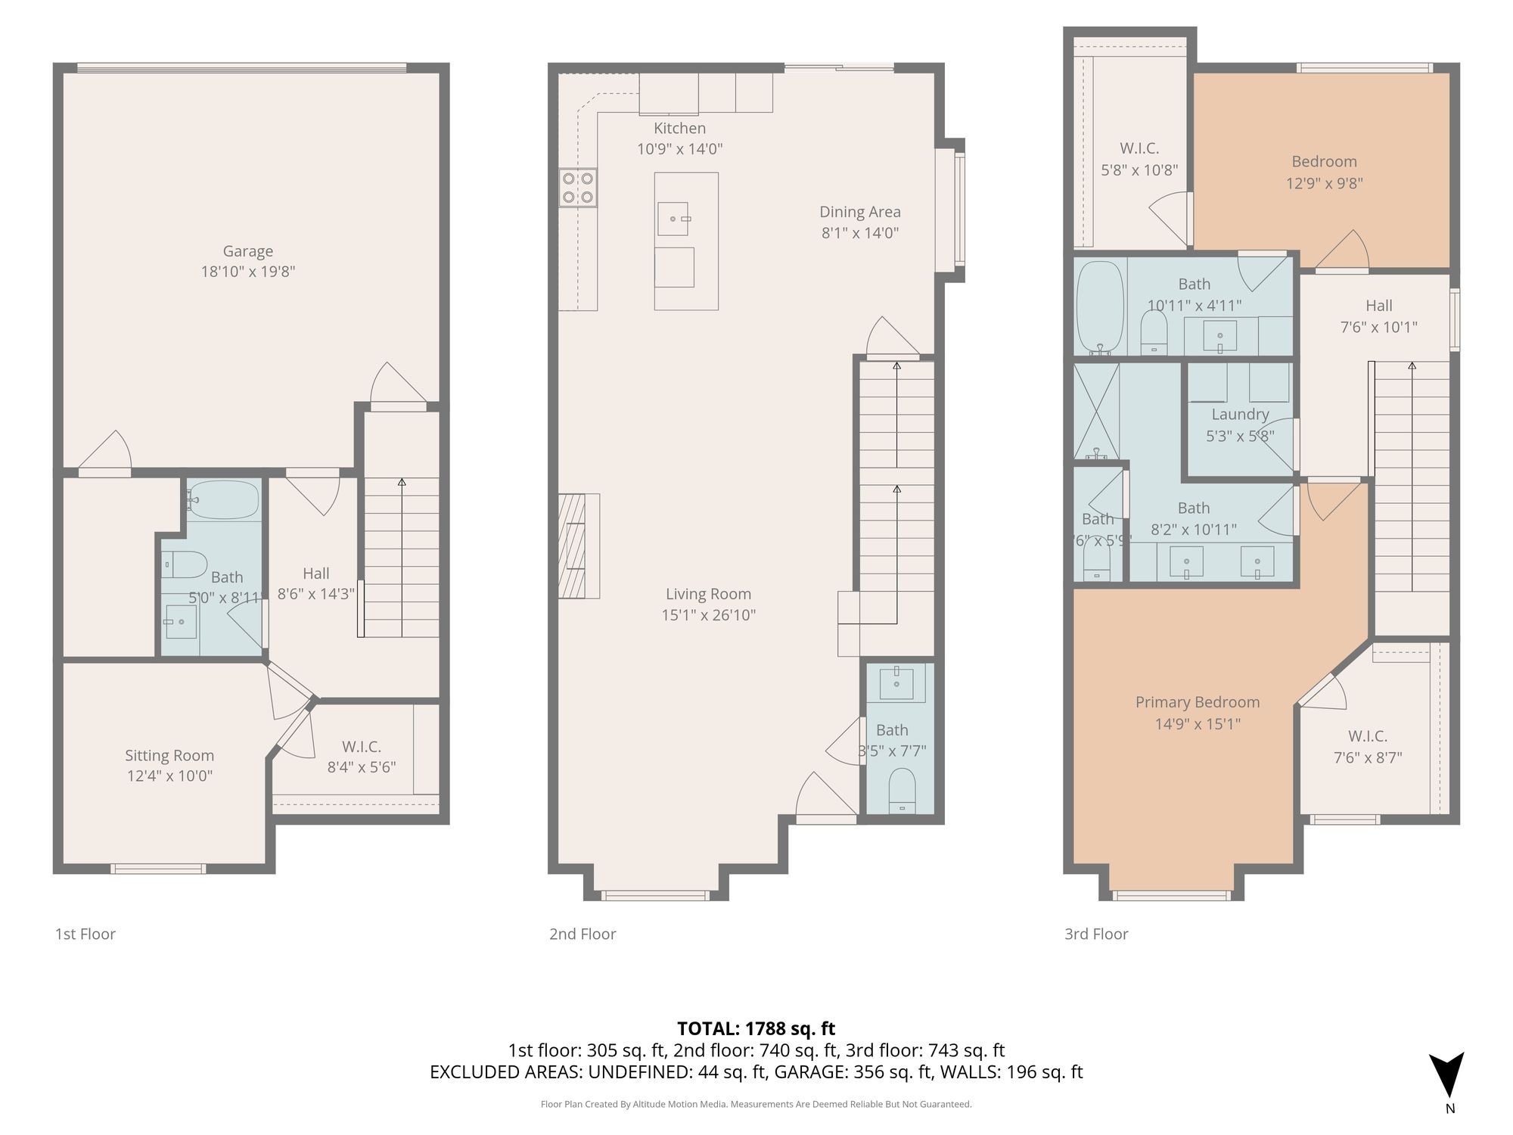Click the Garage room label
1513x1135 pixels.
[247, 251]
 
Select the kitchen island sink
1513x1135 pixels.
[673, 219]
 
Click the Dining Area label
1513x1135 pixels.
[860, 212]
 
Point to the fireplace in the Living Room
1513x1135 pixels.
[579, 546]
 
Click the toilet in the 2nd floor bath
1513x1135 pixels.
[902, 790]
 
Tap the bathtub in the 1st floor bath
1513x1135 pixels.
[224, 499]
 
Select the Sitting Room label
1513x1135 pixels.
[169, 755]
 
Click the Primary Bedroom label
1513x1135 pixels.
[1198, 702]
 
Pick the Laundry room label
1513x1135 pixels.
[1240, 414]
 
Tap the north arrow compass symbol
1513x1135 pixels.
[1446, 1074]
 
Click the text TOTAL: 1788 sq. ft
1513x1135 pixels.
[756, 1028]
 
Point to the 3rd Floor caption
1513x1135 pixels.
[1096, 934]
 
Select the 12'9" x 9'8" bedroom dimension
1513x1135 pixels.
[1325, 183]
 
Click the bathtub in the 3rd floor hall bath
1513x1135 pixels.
[1101, 308]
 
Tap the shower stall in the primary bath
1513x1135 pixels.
[1096, 412]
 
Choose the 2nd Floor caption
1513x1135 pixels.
[583, 934]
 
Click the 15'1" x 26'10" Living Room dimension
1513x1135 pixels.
[709, 615]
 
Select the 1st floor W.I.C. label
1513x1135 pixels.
[362, 747]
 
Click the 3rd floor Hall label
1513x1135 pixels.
[1379, 306]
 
